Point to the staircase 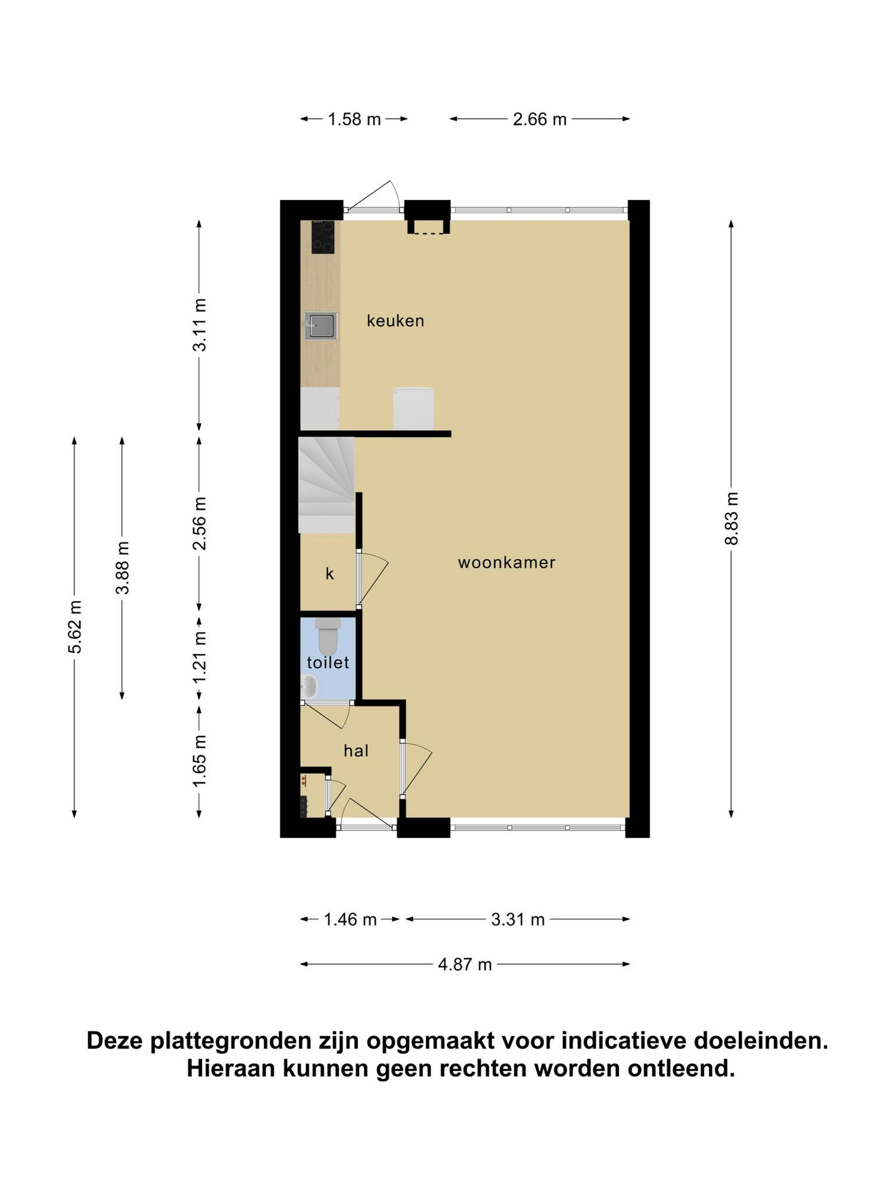[x=326, y=484]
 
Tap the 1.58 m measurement [x=355, y=119]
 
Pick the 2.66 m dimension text [x=540, y=119]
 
